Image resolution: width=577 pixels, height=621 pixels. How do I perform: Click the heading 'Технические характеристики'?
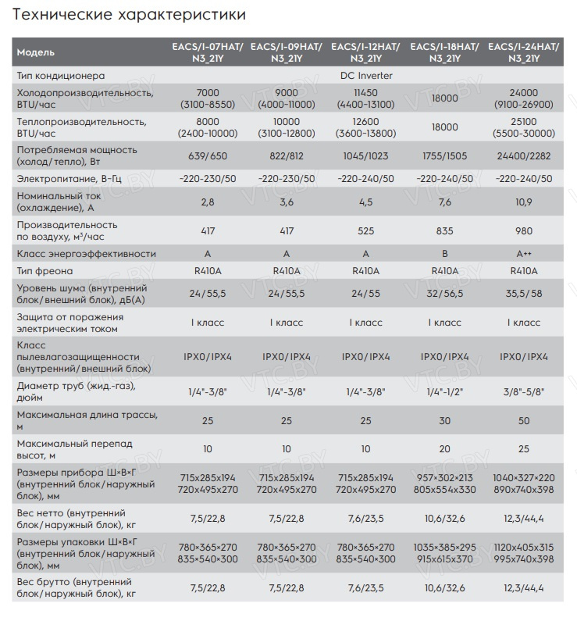coord(130,15)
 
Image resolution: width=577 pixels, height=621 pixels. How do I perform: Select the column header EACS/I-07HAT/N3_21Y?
coord(208,52)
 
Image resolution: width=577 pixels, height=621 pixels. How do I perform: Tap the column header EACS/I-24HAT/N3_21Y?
coord(524,52)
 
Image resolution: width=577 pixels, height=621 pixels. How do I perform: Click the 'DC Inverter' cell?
coord(366,76)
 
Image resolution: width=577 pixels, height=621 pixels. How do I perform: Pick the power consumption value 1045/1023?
coord(365,155)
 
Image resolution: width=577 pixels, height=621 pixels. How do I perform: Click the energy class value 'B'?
coord(445,254)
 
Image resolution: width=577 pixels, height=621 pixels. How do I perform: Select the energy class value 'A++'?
coord(524,254)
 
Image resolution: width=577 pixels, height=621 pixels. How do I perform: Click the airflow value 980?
coord(524,230)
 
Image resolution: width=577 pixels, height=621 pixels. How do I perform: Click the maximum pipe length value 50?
coord(524,420)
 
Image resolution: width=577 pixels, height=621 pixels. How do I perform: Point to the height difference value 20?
coord(445,449)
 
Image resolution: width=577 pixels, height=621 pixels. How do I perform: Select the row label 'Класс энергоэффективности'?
coord(86,254)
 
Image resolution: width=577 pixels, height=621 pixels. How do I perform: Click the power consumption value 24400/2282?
coord(524,155)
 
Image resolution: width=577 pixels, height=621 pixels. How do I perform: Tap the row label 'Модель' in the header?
coord(36,52)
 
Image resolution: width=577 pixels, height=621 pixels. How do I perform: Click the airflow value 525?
coord(365,230)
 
